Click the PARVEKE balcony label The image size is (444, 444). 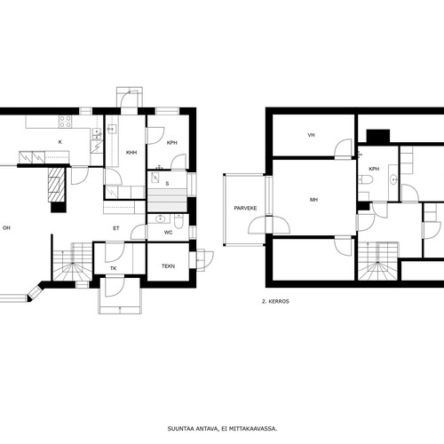[x=245, y=208]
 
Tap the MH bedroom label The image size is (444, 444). [x=313, y=200]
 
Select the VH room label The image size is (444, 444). [x=311, y=135]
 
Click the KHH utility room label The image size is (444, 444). [x=131, y=153]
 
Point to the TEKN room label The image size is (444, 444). [x=168, y=266]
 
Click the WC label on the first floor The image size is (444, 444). [x=168, y=233]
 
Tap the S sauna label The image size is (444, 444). [x=167, y=184]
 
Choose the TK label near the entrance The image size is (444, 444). [x=114, y=268]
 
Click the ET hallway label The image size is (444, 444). [x=116, y=228]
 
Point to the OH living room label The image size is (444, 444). [x=6, y=228]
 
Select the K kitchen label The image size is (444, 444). [x=60, y=142]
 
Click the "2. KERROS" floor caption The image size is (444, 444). [x=275, y=301]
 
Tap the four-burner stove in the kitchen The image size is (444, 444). [x=66, y=122]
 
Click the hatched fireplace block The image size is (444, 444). [x=56, y=185]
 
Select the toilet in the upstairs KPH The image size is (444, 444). [x=365, y=179]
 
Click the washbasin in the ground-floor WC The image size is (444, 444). [x=160, y=219]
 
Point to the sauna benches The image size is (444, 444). [x=167, y=201]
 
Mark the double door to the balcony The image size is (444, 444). [x=269, y=225]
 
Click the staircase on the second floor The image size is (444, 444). [x=378, y=261]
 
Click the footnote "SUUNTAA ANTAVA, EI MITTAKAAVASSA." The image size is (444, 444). [x=222, y=429]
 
